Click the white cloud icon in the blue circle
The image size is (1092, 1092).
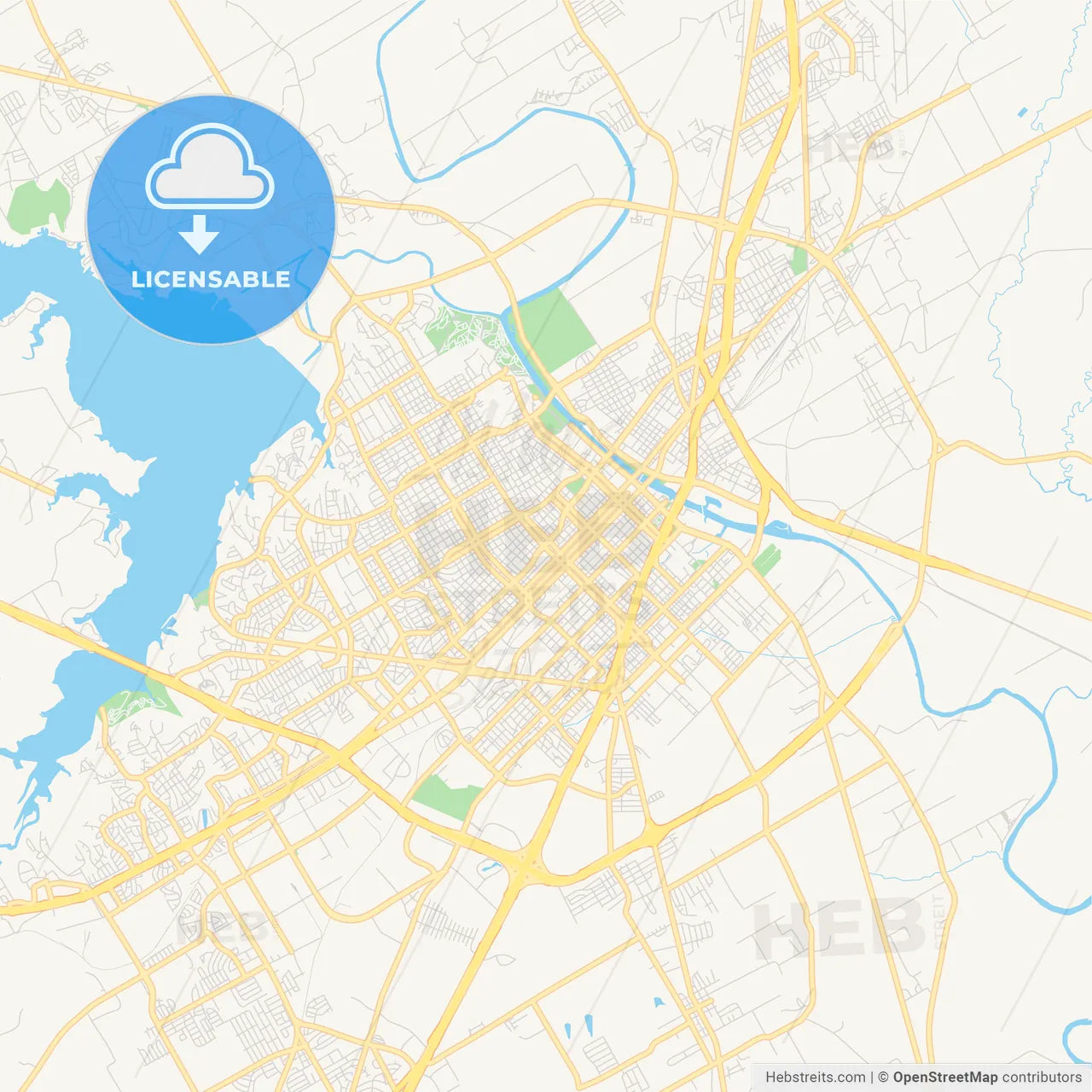[x=210, y=168]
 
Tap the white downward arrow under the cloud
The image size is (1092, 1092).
[x=199, y=234]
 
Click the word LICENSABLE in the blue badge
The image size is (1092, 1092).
[x=210, y=279]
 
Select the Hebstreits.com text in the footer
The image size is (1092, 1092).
[x=815, y=1077]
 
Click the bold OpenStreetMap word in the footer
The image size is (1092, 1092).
[x=944, y=1077]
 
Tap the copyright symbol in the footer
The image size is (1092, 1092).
[x=884, y=1077]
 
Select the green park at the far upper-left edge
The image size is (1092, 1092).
[x=38, y=206]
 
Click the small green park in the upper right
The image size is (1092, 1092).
[x=799, y=259]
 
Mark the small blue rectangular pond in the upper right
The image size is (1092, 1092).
[x=1022, y=112]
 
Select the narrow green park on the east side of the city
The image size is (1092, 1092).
[x=766, y=560]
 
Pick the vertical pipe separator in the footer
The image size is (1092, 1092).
[x=872, y=1077]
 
